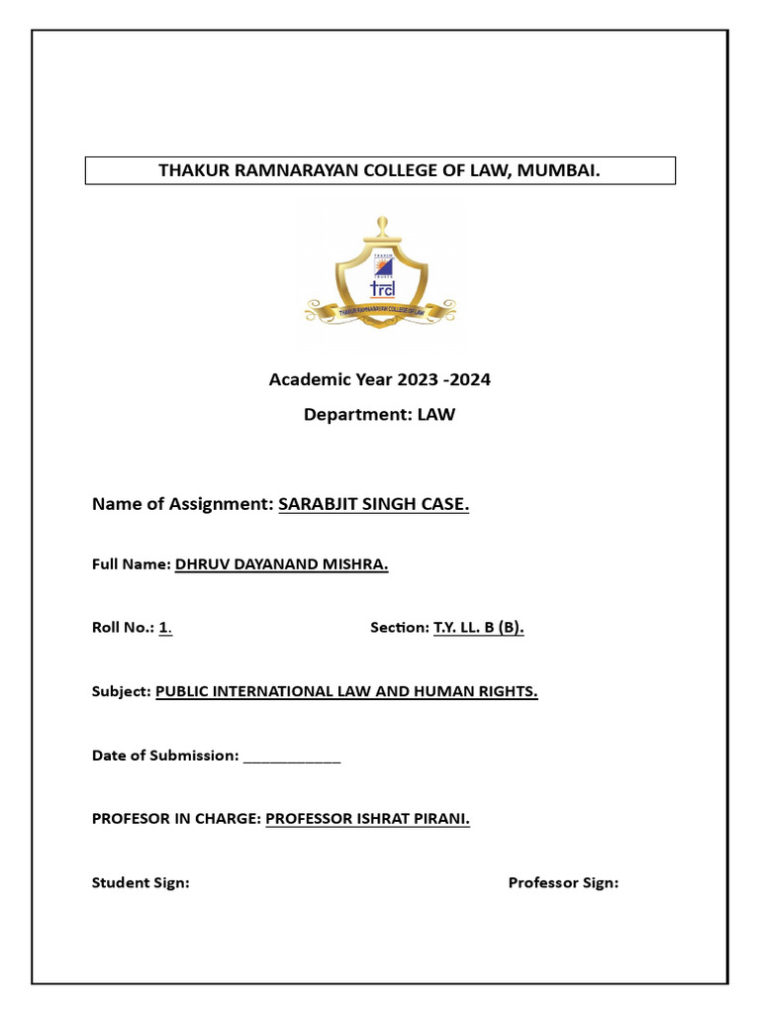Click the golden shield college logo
380,275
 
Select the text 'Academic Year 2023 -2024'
380,380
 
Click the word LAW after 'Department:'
435,415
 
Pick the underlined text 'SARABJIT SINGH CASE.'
373,504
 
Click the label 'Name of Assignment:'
182,504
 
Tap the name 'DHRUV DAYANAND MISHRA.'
281,564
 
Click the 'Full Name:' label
131,564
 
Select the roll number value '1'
164,628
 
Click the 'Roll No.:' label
123,628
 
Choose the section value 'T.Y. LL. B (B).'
478,628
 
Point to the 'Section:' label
399,628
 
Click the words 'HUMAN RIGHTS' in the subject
486,692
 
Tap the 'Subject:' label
121,692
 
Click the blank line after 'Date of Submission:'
291,757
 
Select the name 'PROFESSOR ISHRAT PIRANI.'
367,819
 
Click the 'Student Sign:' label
141,882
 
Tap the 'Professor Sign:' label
563,882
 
